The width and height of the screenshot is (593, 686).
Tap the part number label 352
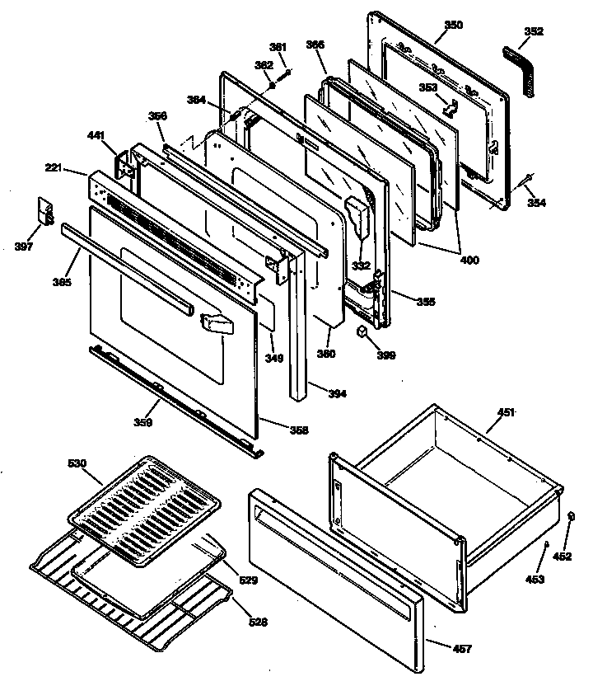point(535,32)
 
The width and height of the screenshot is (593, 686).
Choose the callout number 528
point(258,623)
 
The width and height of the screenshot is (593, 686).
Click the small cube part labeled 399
point(361,331)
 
